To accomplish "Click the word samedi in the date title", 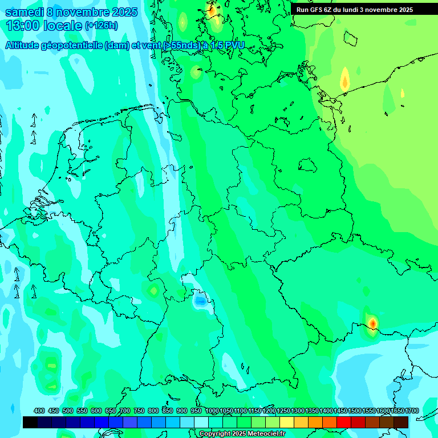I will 23,12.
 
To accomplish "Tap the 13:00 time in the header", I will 22,26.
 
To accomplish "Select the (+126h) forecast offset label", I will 101,26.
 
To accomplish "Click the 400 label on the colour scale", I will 39,411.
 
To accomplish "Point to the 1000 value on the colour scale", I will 212,411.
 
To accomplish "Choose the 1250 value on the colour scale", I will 283,411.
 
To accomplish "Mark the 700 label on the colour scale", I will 125,411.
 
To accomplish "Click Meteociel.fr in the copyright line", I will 263,434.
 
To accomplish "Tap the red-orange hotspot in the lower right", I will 372,323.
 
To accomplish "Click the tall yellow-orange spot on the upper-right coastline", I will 344,79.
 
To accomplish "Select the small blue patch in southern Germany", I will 200,300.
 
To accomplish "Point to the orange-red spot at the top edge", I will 212,10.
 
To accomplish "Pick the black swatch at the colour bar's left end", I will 30,422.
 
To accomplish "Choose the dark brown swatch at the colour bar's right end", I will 401,422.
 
